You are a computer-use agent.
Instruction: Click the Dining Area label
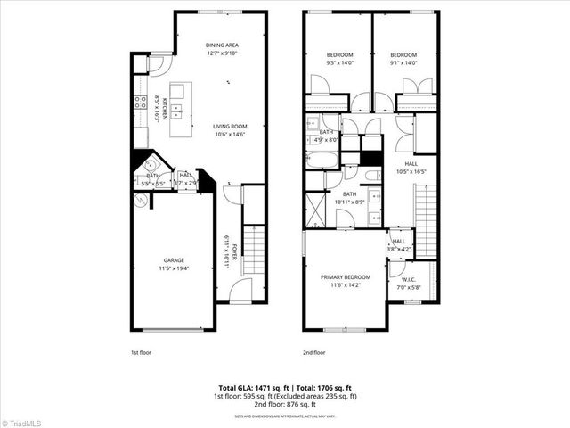point(222,45)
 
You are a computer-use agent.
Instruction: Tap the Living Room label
point(229,126)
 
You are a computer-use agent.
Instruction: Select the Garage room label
point(173,260)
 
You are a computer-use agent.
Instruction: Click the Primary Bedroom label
point(344,277)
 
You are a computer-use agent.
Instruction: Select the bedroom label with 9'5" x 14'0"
point(339,54)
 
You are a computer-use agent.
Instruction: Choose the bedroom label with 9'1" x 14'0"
point(403,54)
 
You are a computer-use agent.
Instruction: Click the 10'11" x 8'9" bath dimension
point(350,202)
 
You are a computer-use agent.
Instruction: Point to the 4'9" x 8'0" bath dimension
point(327,139)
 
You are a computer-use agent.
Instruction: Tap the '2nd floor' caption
point(313,353)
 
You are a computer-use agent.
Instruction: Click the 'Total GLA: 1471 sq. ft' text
point(252,388)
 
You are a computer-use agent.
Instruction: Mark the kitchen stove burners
point(140,102)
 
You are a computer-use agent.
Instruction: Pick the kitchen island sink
point(177,111)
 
